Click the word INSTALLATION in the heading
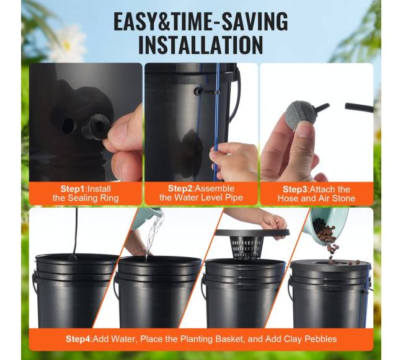point(200,45)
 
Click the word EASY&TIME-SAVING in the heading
point(201,22)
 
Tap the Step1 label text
point(72,189)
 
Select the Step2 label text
point(180,188)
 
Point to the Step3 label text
point(294,189)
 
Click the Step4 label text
point(78,339)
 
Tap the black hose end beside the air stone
point(359,107)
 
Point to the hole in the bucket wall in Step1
point(69,125)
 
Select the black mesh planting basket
point(246,248)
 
